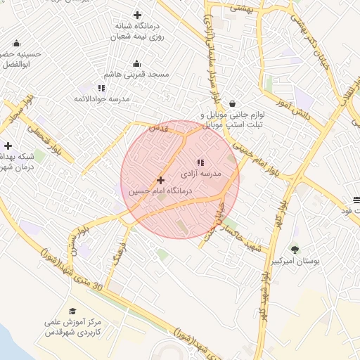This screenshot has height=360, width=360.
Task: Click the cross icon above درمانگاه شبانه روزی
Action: [x=137, y=15]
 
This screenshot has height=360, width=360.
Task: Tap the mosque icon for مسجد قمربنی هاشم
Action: [x=136, y=63]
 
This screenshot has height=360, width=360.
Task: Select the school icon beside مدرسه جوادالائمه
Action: [x=101, y=88]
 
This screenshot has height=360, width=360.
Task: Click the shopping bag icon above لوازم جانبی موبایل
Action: [x=232, y=103]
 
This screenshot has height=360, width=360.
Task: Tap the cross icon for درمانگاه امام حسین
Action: [x=161, y=181]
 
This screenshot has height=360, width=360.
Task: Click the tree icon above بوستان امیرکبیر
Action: [x=294, y=250]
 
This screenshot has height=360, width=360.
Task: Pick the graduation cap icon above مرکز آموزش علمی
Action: [x=72, y=311]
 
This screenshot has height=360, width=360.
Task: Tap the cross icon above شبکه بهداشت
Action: [x=8, y=146]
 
